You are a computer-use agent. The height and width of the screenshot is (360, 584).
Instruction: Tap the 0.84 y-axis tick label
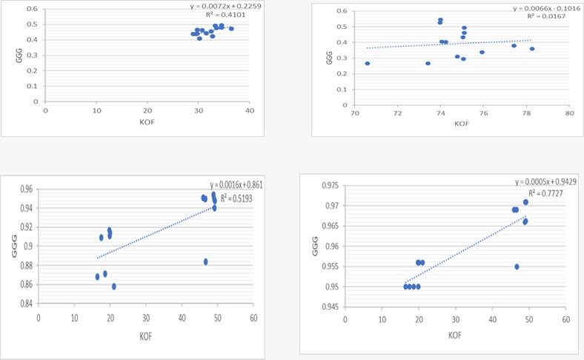coord(25,303)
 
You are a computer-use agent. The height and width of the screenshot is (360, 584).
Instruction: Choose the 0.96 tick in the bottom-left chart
coord(25,189)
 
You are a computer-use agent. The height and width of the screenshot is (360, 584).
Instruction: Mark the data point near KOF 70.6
coord(368,64)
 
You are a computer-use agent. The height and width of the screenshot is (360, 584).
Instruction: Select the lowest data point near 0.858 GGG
coord(114,286)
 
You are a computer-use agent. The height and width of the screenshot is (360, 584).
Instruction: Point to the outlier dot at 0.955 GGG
coord(517,267)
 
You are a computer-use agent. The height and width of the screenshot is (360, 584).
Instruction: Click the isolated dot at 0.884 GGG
coord(206,261)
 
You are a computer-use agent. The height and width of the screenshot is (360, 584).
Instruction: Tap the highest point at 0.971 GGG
coord(525,202)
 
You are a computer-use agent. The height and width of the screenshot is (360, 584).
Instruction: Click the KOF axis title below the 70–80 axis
coord(462,124)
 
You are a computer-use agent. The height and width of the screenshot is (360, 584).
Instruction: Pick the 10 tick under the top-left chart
coord(96,110)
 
